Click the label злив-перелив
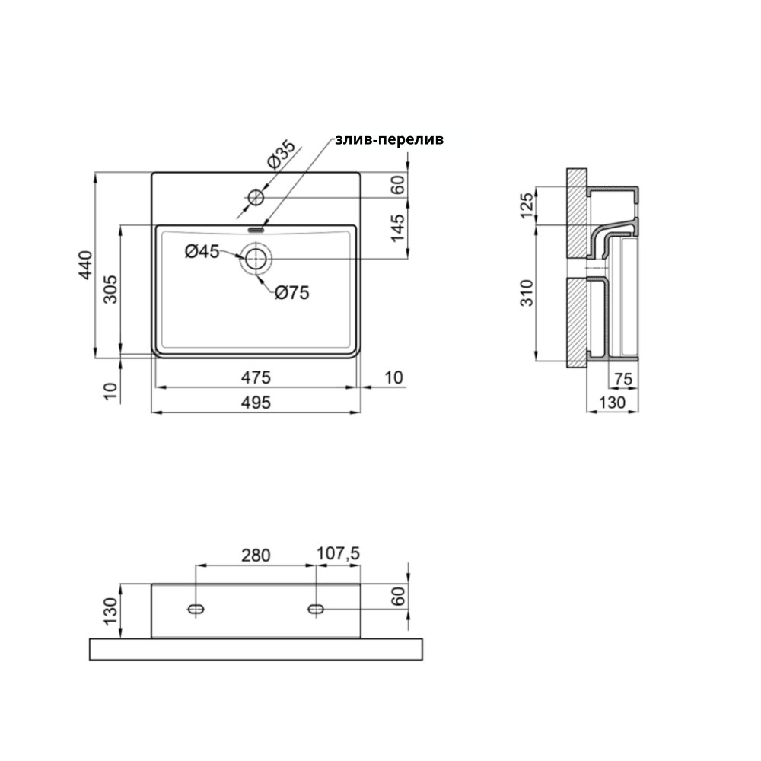[x=389, y=140]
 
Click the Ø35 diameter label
[x=281, y=154]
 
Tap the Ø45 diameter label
[x=202, y=251]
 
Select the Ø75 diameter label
[x=291, y=293]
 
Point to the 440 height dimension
[x=85, y=265]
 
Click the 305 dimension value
[x=110, y=289]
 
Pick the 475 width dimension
[x=256, y=377]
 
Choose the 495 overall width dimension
[x=256, y=403]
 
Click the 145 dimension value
[x=397, y=228]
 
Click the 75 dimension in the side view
[x=624, y=378]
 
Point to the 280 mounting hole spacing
[x=256, y=556]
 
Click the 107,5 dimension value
[x=339, y=553]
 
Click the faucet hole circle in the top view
[x=256, y=198]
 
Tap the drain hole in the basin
[x=255, y=259]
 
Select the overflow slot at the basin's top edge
[x=256, y=229]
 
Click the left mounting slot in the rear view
[x=196, y=609]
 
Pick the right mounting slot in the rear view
[x=316, y=609]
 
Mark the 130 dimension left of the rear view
[x=110, y=611]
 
